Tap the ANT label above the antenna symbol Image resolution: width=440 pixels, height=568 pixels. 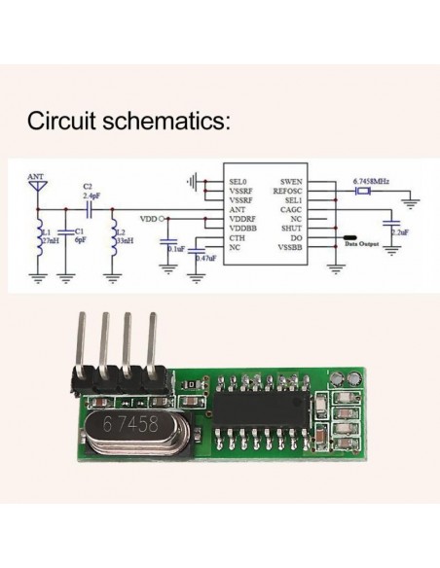pos(37,177)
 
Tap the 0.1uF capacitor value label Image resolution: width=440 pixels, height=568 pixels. pos(175,251)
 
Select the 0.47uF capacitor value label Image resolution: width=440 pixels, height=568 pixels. pos(205,259)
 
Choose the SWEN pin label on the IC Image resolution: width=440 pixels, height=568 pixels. pos(291,182)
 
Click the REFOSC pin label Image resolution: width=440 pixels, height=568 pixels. pos(288,192)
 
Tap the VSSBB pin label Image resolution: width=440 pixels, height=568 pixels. pos(289,247)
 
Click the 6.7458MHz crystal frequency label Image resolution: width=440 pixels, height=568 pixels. pos(371,181)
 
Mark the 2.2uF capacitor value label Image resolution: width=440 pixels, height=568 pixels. pos(398,232)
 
